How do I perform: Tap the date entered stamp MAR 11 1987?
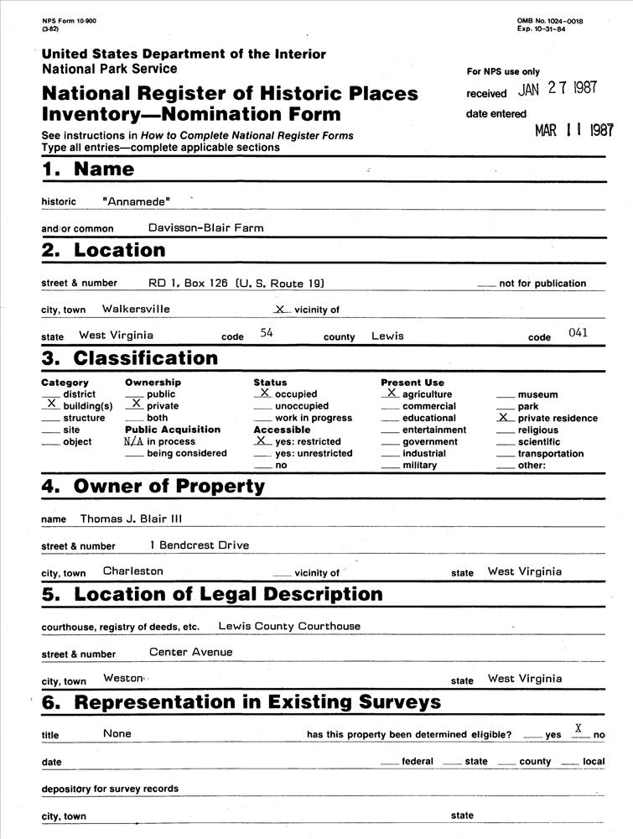[574, 131]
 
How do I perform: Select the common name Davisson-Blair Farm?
[205, 227]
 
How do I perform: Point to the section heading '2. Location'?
[104, 250]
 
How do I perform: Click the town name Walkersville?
[136, 309]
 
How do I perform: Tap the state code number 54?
[267, 332]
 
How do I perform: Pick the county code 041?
[578, 332]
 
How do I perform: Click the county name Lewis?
[387, 336]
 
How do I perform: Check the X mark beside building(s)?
[52, 404]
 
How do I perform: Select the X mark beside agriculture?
[392, 392]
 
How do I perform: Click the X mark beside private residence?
[504, 416]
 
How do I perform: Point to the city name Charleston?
[132, 571]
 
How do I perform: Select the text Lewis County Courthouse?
[289, 626]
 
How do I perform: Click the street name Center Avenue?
[190, 652]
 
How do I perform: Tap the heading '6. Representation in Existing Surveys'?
[241, 702]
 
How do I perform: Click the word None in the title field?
[117, 733]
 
